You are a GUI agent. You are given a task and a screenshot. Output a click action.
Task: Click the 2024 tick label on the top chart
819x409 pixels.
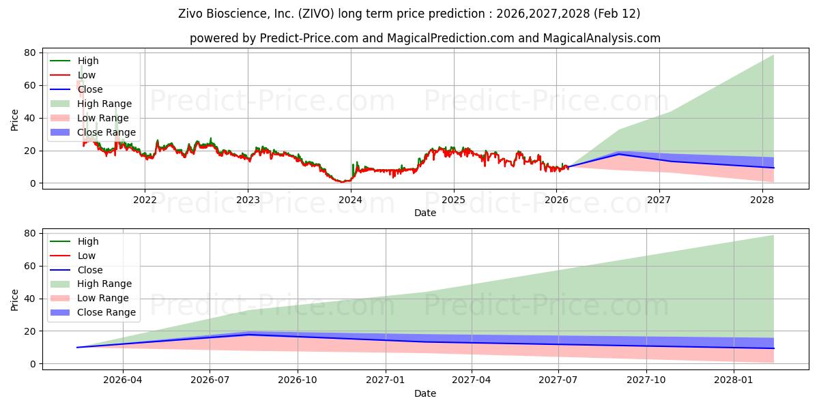(x=350, y=200)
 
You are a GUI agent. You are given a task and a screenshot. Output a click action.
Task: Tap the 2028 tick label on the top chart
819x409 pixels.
(x=762, y=200)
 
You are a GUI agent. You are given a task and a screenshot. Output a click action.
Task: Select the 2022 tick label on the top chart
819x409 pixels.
(x=145, y=200)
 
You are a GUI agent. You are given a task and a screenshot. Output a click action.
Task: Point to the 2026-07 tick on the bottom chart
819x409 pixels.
(x=210, y=380)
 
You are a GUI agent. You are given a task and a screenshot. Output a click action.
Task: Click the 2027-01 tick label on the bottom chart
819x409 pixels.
(x=386, y=380)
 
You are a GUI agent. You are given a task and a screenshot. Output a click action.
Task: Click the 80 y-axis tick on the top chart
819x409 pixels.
(x=30, y=52)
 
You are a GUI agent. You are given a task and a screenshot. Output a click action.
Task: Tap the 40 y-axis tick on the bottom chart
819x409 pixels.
(x=30, y=299)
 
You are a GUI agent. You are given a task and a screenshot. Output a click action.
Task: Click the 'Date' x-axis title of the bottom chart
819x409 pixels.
(x=425, y=393)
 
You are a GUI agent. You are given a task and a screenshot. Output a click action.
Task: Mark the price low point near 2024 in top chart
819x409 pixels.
(x=341, y=182)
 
